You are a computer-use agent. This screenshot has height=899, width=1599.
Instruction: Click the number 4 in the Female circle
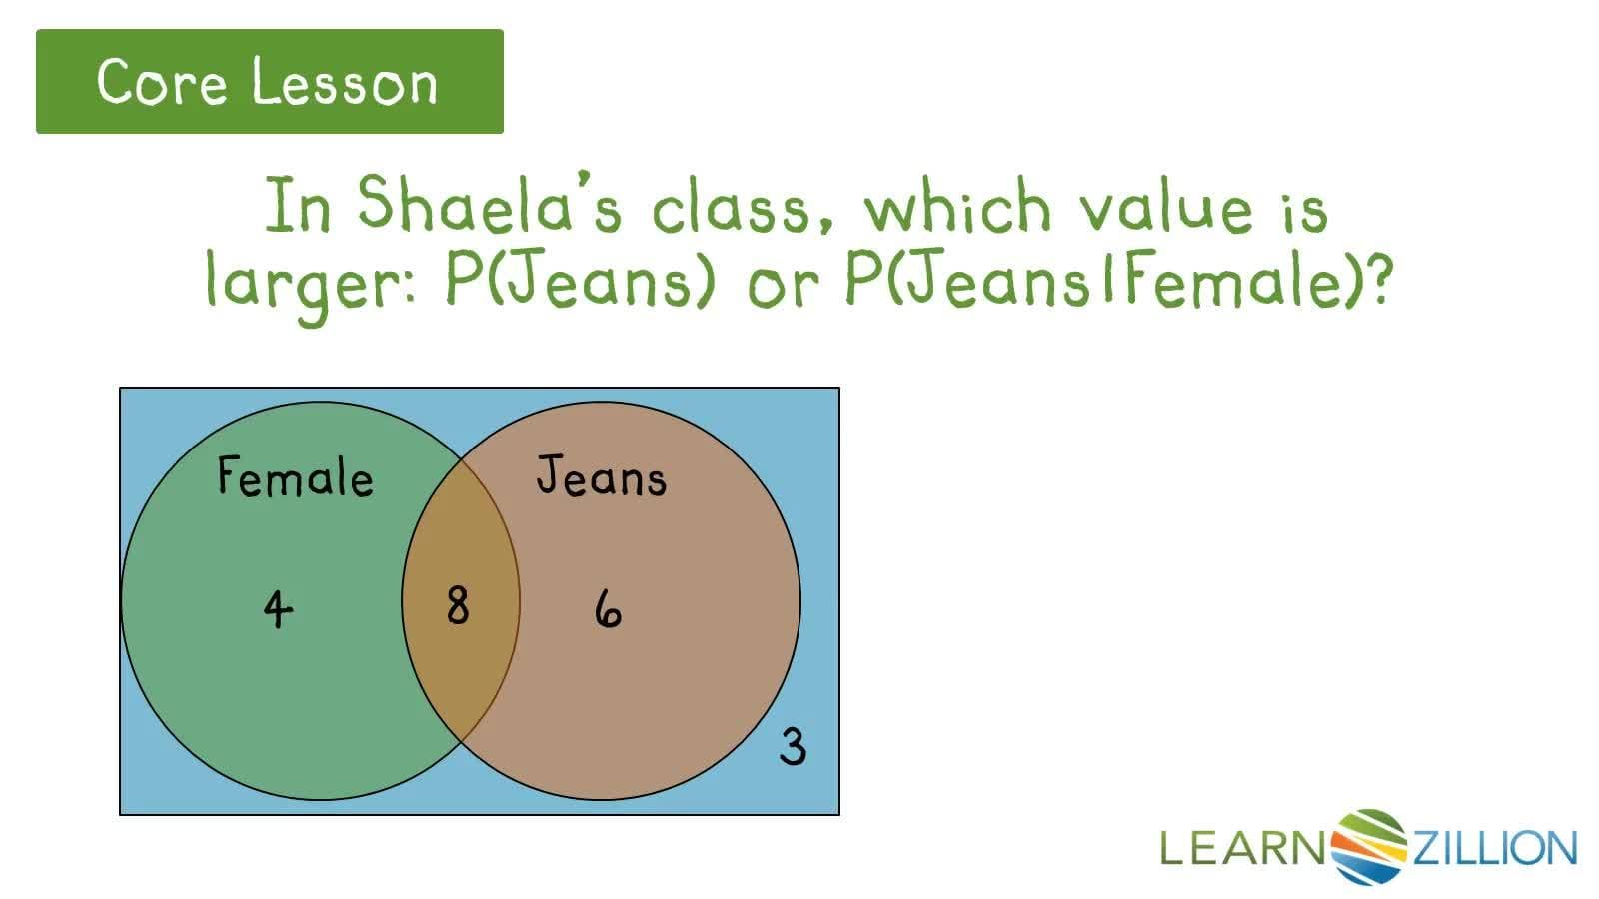tap(278, 608)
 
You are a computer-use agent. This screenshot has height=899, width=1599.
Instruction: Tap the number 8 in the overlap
tap(457, 605)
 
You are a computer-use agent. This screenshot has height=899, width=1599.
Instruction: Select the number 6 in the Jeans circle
tap(608, 608)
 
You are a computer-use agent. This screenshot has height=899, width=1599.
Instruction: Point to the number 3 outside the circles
tap(793, 746)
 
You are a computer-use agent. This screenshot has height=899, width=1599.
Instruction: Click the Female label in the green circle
tap(295, 476)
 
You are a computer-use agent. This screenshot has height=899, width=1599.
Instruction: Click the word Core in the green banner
tap(162, 82)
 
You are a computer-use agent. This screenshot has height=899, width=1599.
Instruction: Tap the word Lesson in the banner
tap(345, 82)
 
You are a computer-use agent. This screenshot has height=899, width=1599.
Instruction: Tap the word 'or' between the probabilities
tap(782, 284)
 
